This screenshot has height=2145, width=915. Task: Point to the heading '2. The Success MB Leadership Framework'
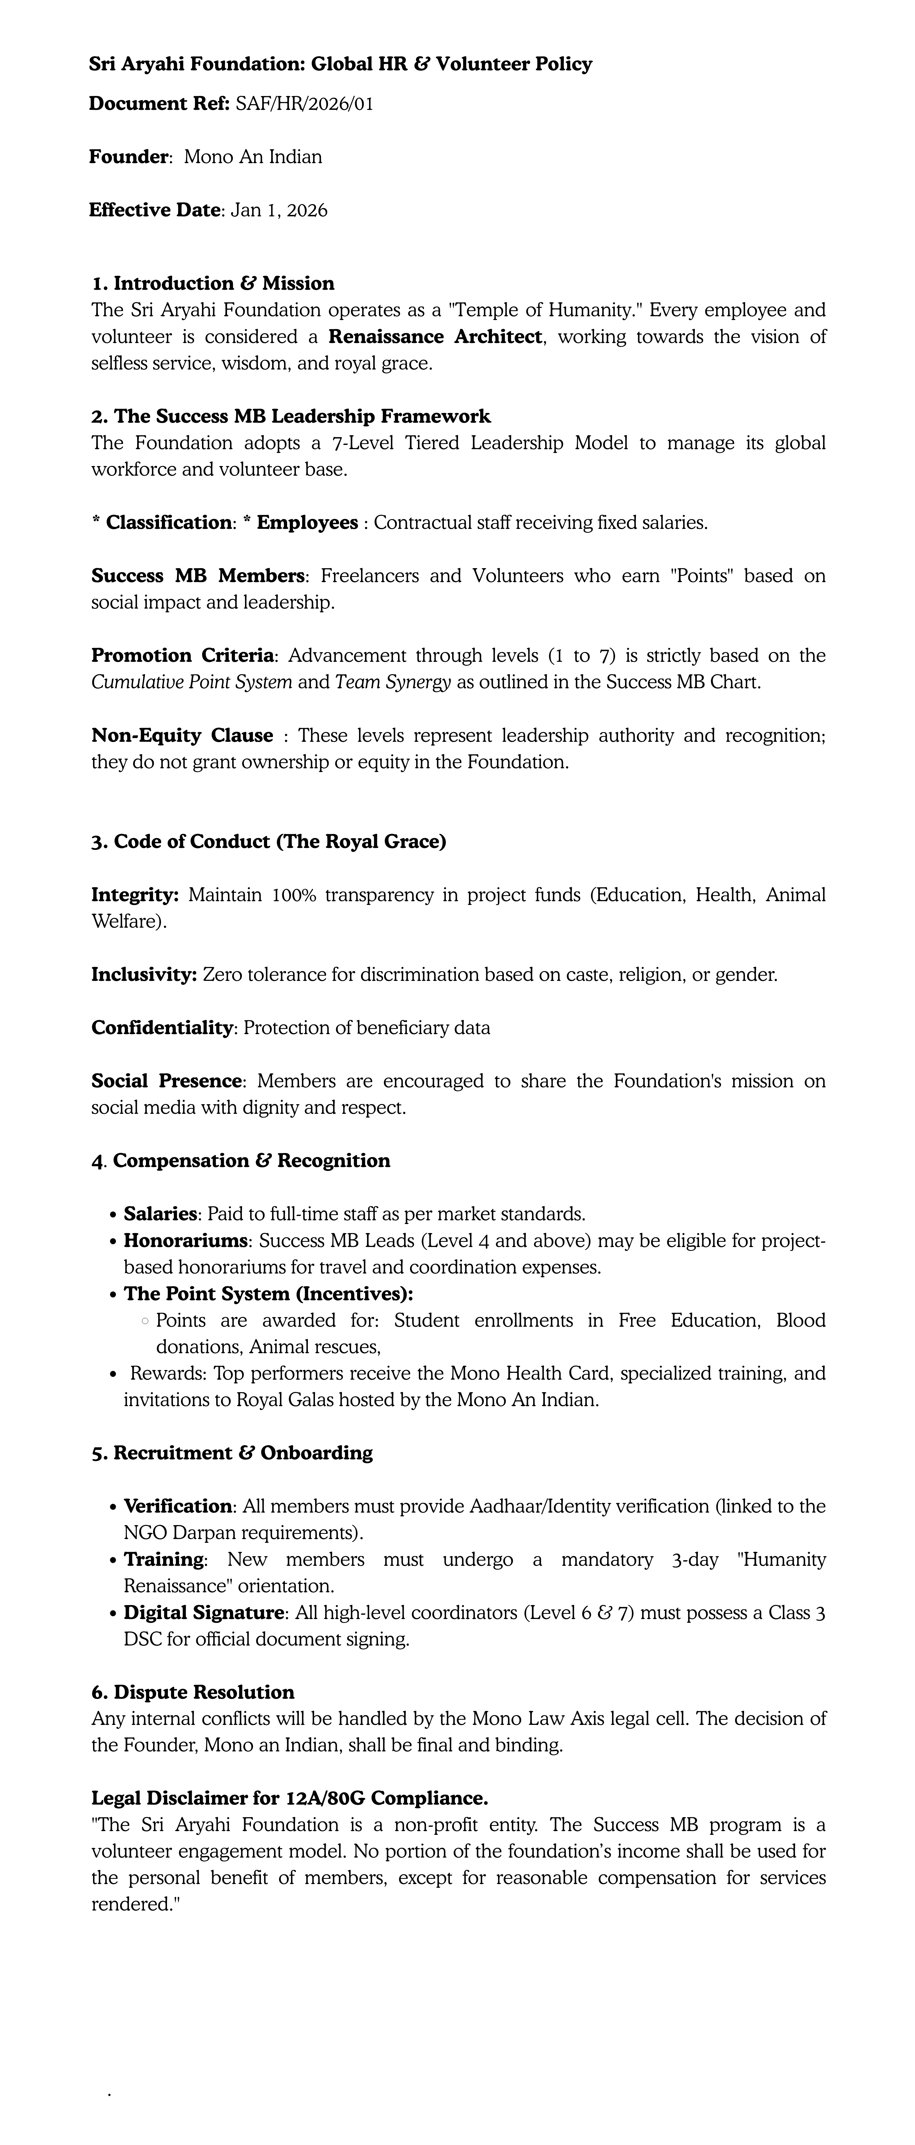click(291, 416)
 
